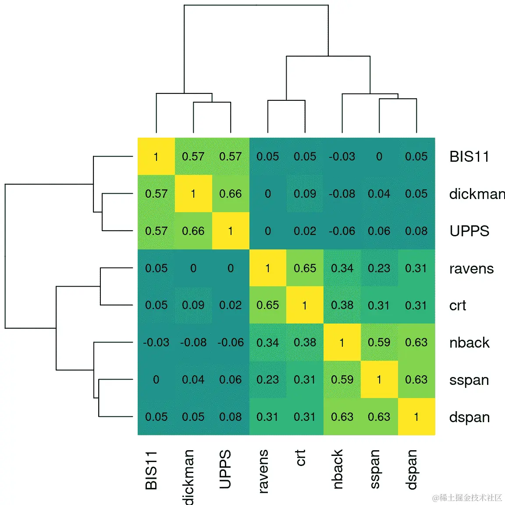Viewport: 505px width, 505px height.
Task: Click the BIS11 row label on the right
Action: click(x=469, y=156)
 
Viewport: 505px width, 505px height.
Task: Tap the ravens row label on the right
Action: click(x=471, y=268)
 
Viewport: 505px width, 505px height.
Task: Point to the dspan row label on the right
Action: click(x=469, y=417)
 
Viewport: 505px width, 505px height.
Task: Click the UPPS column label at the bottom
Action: click(x=225, y=469)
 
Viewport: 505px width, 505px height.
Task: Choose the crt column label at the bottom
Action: click(x=300, y=458)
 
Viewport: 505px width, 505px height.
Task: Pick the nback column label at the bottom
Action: click(x=337, y=469)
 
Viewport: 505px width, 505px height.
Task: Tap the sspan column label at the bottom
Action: click(x=374, y=469)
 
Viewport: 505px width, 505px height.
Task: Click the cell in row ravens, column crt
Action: click(x=305, y=268)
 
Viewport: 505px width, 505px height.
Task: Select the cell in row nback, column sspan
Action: click(x=379, y=342)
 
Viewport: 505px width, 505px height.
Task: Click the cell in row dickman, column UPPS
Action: click(x=231, y=194)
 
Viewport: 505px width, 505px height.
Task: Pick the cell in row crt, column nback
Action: click(x=342, y=305)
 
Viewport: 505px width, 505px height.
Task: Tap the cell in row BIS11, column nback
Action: click(x=342, y=156)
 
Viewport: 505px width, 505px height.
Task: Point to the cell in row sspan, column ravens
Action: click(x=267, y=380)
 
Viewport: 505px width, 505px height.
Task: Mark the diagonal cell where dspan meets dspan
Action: click(x=416, y=417)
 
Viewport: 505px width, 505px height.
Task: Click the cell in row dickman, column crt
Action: click(x=305, y=194)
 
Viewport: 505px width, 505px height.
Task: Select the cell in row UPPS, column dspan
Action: click(x=416, y=231)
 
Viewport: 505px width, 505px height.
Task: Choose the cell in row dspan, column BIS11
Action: click(x=156, y=417)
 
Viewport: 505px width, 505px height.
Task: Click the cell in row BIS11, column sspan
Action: click(x=379, y=156)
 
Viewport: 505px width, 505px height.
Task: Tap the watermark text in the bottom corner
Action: click(x=467, y=498)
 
